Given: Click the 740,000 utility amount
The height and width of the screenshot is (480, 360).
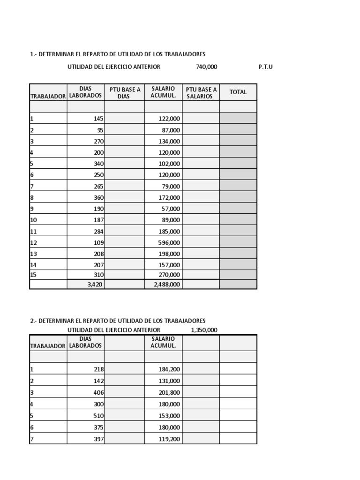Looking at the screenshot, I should coord(206,67).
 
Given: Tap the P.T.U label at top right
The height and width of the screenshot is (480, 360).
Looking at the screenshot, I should coord(265,67).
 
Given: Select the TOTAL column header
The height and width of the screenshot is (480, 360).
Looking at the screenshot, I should coord(238,92).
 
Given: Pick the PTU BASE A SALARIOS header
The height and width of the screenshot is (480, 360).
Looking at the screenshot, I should coord(201,92).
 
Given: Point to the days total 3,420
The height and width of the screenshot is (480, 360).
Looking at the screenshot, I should coord(95,284).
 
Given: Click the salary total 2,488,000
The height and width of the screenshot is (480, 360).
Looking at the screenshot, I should coord(166,284).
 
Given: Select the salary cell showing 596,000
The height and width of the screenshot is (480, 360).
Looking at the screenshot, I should coord(169,242).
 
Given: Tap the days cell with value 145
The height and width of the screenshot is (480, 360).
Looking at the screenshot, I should coord(98,119).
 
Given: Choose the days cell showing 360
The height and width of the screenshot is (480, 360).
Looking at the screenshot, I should coord(98,197).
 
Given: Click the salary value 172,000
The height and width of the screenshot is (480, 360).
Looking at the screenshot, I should coord(169,197).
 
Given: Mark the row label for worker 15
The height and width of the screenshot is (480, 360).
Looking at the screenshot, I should coord(33,275).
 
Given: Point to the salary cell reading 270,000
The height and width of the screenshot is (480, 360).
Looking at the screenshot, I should coord(169,275).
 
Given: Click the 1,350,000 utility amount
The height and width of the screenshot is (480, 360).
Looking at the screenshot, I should coord(204,330).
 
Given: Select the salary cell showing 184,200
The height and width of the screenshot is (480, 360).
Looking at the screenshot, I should coord(169,369).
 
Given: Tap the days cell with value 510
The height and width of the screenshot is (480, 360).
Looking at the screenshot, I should coord(98,415).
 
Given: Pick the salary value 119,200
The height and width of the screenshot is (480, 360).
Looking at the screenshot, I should coord(169,439).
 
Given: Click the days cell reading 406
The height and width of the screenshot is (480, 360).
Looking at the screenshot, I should coord(98,392).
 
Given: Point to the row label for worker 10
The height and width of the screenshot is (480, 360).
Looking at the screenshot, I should coord(33,220).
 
